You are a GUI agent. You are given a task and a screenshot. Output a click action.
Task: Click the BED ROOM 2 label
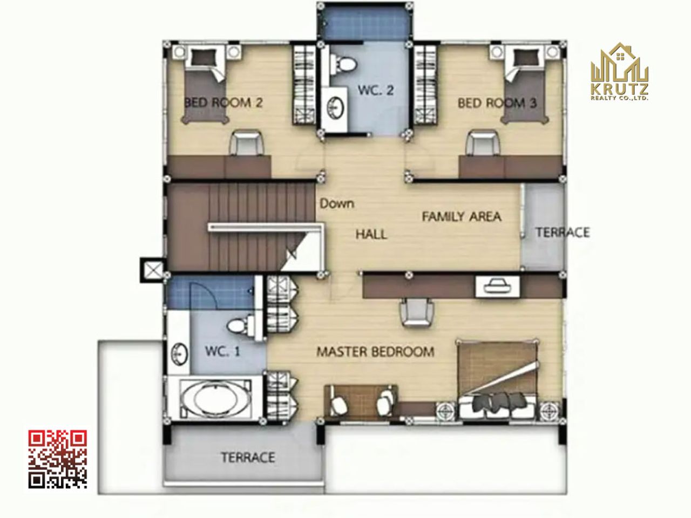(223, 103)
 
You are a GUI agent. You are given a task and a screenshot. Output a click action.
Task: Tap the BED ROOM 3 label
(497, 103)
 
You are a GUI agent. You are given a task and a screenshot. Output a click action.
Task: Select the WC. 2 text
(376, 90)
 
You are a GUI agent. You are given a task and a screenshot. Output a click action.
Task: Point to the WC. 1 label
(222, 351)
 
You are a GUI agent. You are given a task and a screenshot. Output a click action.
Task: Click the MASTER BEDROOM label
(375, 352)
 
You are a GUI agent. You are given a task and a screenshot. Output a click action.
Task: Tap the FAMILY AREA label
(462, 217)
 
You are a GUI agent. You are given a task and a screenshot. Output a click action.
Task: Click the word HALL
(371, 234)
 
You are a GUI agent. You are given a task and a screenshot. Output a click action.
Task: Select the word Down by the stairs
(337, 203)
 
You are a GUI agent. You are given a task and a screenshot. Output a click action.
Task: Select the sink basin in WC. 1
(179, 354)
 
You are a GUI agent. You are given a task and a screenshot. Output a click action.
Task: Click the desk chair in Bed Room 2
(246, 143)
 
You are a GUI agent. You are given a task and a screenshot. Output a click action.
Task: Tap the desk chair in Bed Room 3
(483, 143)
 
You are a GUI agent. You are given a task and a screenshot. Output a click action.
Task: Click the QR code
(58, 459)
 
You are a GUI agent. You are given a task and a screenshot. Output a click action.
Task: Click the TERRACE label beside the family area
(563, 233)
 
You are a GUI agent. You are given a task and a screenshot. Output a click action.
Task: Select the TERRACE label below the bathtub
(248, 458)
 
